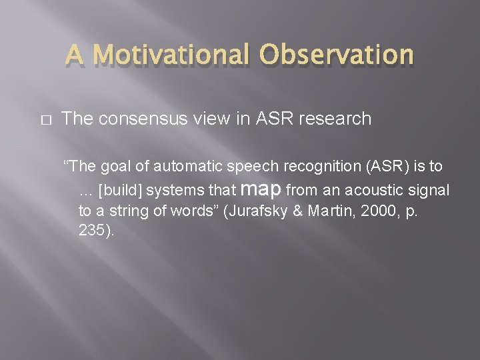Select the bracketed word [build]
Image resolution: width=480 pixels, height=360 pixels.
pyautogui.click(x=120, y=191)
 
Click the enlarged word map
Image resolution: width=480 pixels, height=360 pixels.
pyautogui.click(x=265, y=189)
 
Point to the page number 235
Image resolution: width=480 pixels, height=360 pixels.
pyautogui.click(x=92, y=232)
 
